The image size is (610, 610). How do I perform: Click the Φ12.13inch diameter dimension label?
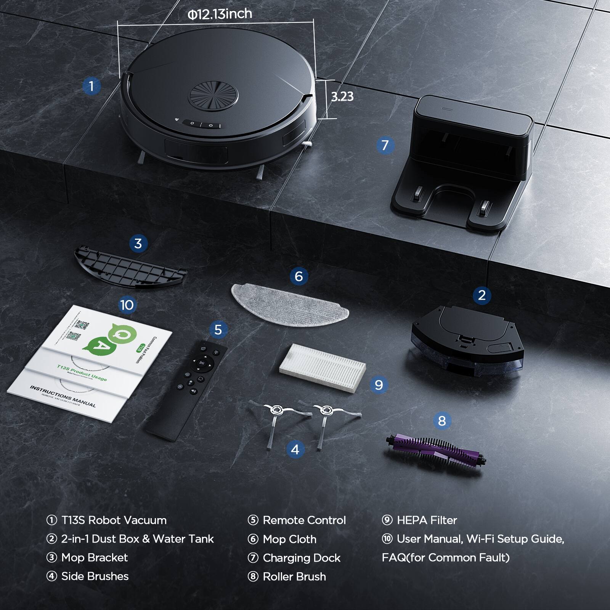(x=220, y=14)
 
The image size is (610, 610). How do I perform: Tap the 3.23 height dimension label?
(x=342, y=96)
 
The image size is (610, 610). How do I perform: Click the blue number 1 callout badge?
(x=91, y=86)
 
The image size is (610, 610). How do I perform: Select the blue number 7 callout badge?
(x=385, y=145)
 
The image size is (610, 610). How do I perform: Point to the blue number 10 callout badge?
(x=127, y=305)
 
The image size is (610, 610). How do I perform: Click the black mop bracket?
(x=130, y=267)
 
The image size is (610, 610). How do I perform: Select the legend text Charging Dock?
(x=301, y=558)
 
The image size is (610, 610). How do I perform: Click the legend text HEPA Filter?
(x=427, y=520)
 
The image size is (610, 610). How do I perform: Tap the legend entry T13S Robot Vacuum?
(x=114, y=520)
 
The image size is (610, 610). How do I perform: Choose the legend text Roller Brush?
(x=294, y=577)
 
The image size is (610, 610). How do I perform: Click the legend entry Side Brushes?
(x=95, y=576)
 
